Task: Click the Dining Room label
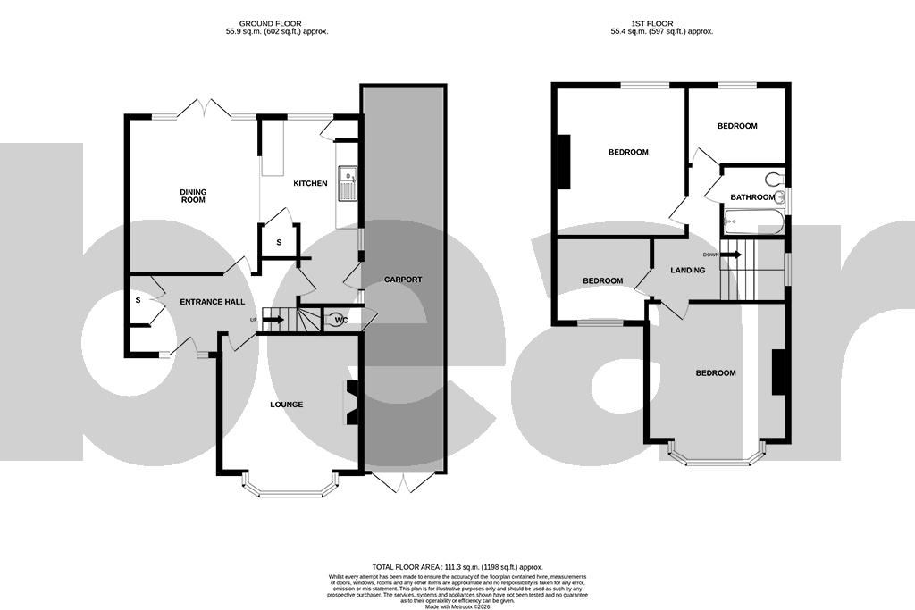(x=193, y=196)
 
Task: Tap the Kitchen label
(x=310, y=184)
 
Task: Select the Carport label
(x=402, y=280)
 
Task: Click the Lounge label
(x=287, y=405)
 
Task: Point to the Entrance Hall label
(x=213, y=302)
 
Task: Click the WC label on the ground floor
(x=340, y=320)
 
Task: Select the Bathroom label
(x=751, y=197)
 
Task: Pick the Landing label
(x=688, y=271)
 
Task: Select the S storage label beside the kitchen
(x=279, y=242)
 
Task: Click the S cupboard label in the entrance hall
(x=139, y=301)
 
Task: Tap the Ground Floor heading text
(x=277, y=27)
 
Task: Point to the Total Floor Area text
(x=457, y=567)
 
